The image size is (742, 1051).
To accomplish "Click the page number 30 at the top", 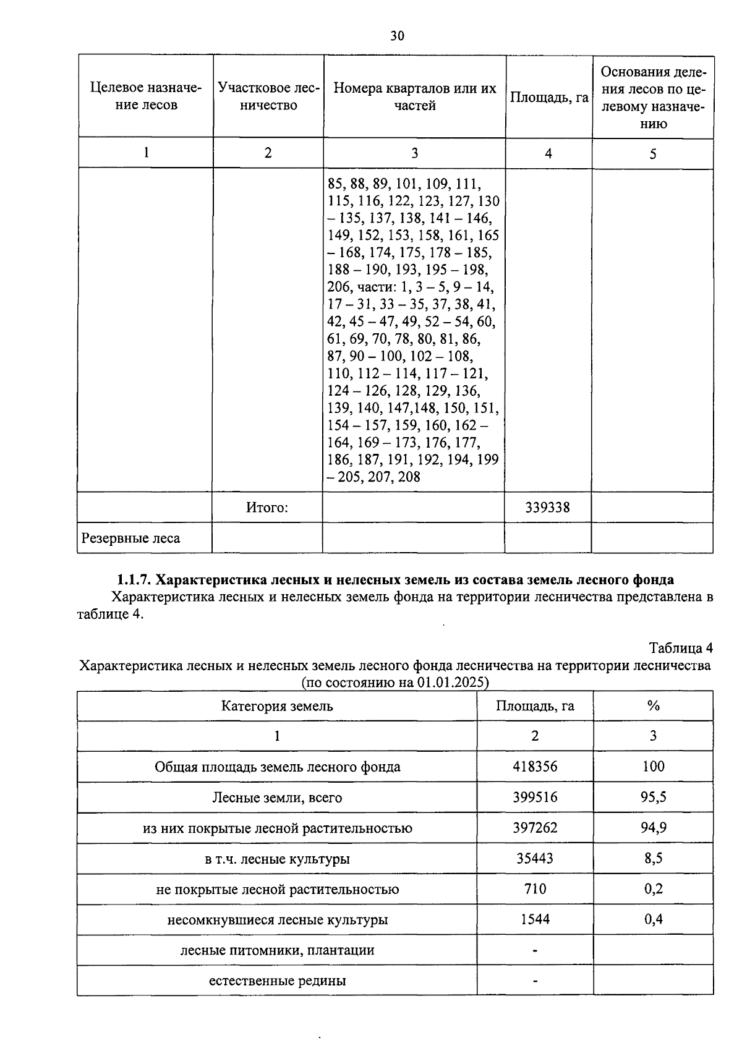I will [x=397, y=36].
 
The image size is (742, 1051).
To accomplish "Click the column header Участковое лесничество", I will [x=268, y=96].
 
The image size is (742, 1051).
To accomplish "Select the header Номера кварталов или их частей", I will [x=415, y=96].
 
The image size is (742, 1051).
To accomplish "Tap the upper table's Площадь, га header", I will [x=548, y=98].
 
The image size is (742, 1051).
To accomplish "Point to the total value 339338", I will [x=548, y=508].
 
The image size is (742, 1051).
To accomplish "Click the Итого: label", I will [x=267, y=508].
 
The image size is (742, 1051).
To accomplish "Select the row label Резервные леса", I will [x=130, y=538].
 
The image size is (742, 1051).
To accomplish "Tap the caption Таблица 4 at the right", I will [x=680, y=648].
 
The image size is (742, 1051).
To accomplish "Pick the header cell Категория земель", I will [x=277, y=706].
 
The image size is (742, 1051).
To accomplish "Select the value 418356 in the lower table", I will [x=535, y=767].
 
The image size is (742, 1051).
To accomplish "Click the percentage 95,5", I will [x=653, y=797].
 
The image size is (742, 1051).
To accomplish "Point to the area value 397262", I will [x=535, y=828].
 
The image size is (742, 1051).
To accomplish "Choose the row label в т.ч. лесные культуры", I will [x=277, y=859].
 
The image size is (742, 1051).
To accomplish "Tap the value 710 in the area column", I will [x=535, y=889].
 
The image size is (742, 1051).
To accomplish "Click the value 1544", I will [x=535, y=919].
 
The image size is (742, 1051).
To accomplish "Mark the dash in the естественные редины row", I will [x=535, y=981].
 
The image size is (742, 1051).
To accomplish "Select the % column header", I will [x=653, y=706].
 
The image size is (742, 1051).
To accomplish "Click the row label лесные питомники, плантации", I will [x=277, y=950].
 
